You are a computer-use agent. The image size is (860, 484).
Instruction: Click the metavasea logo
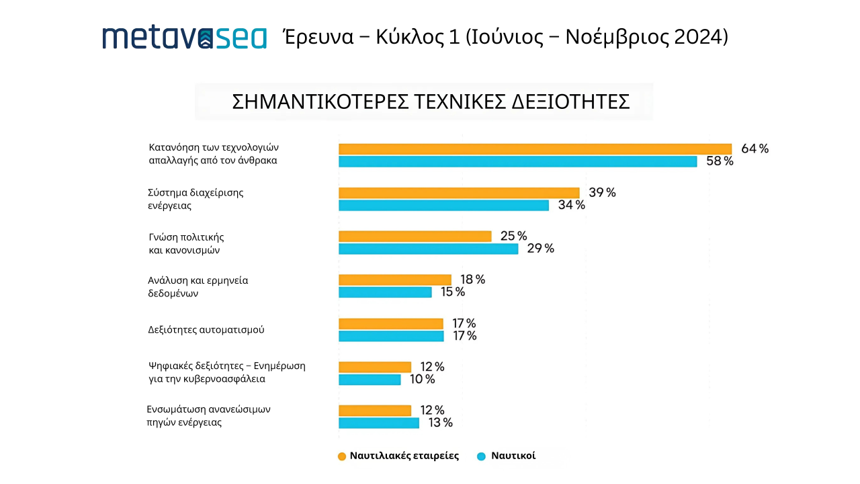tap(184, 38)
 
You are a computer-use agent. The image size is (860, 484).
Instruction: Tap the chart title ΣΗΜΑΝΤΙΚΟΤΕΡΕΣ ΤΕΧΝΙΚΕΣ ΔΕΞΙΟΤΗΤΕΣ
tap(430, 102)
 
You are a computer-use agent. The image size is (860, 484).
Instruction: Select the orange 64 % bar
tap(535, 149)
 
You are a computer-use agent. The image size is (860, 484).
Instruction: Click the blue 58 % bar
tap(517, 162)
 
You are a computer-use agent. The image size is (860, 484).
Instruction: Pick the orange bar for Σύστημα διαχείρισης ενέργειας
tap(459, 193)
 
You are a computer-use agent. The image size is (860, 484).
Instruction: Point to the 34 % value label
tap(571, 205)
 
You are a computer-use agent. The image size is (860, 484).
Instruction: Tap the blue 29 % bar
tap(428, 249)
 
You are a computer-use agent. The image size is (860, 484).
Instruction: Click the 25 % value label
tap(513, 236)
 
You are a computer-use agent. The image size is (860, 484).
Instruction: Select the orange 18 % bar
tap(394, 280)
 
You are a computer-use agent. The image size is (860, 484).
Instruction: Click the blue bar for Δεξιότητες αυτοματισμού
tap(391, 336)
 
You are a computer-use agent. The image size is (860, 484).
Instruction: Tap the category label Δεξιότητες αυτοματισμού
tap(206, 330)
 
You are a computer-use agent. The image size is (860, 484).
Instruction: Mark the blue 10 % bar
tap(370, 380)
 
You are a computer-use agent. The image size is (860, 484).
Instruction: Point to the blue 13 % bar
tap(378, 424)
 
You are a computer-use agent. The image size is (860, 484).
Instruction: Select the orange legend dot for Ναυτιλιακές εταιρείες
tap(342, 456)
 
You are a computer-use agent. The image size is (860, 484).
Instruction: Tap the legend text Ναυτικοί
tap(513, 456)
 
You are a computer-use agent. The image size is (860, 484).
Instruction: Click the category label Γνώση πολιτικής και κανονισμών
tap(185, 243)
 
